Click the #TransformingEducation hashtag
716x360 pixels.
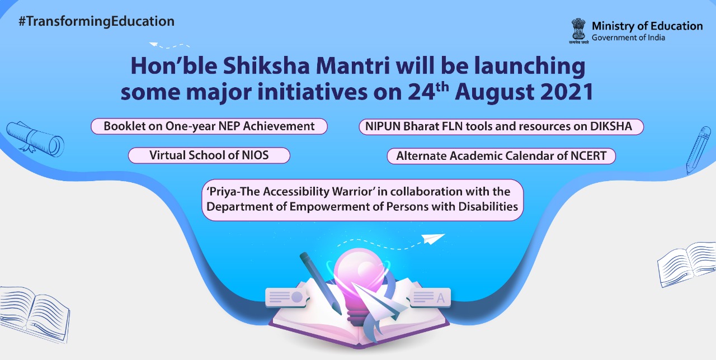pyautogui.click(x=97, y=22)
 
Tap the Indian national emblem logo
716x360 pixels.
pyautogui.click(x=578, y=31)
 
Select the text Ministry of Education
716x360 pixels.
pyautogui.click(x=647, y=26)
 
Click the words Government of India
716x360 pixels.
pyautogui.click(x=628, y=37)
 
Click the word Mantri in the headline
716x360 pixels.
pyautogui.click(x=353, y=66)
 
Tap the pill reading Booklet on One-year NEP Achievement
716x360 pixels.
pyautogui.click(x=209, y=126)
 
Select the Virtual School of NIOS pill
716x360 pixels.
pyautogui.click(x=209, y=155)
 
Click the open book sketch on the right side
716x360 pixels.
pyautogui.click(x=686, y=264)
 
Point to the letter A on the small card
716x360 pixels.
pyautogui.click(x=440, y=298)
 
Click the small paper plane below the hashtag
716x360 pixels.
pyautogui.click(x=154, y=44)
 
